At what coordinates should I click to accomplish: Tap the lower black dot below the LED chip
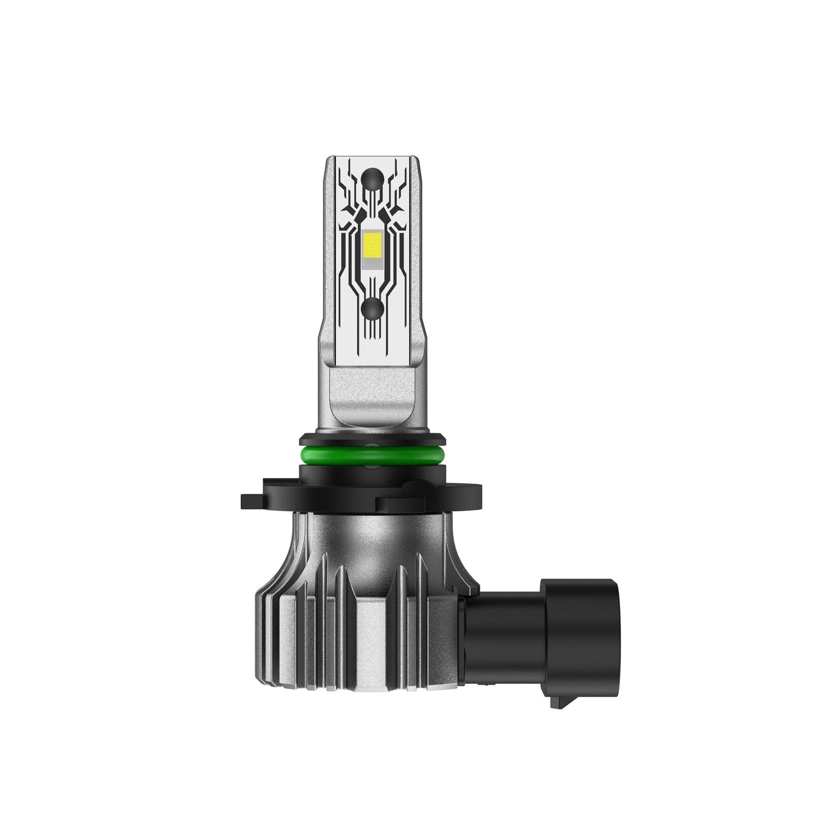[x=372, y=307]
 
